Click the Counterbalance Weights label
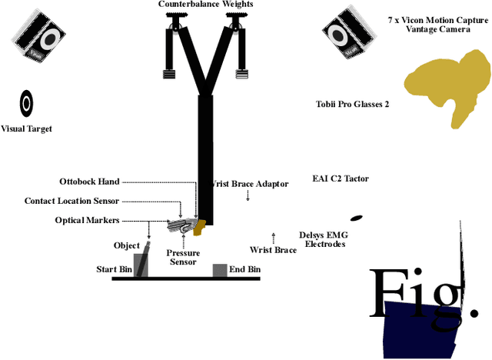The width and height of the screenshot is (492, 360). tap(205, 5)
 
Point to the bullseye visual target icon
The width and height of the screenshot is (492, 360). tap(27, 102)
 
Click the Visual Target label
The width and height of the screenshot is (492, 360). tap(27, 128)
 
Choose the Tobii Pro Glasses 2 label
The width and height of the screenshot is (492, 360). tap(352, 104)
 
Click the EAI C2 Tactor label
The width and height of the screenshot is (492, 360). tap(341, 178)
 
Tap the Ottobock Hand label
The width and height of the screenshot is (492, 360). tap(89, 182)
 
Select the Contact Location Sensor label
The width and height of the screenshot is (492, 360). tap(71, 201)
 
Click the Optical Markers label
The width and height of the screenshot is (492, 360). tap(87, 220)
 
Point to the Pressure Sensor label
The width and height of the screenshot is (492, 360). tap(183, 257)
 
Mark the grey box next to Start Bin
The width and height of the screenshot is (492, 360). tap(141, 265)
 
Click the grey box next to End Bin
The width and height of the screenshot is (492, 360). tap(220, 270)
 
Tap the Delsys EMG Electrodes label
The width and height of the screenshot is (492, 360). tap(322, 239)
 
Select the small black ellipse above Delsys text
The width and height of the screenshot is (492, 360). tap(356, 218)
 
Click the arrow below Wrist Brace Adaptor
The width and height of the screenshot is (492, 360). tap(248, 197)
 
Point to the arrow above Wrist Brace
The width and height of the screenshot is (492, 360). tap(273, 236)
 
